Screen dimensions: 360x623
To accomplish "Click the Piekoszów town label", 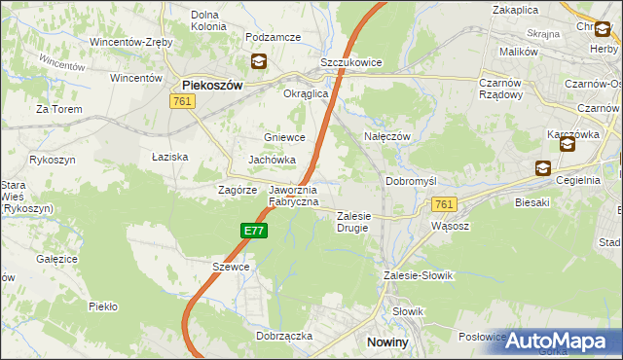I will point(211,85).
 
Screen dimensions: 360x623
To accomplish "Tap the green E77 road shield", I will point(253,231).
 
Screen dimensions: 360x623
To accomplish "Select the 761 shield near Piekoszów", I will point(181,101).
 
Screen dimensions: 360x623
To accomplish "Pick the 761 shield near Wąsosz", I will point(444,203).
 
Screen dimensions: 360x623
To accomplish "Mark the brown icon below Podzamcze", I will point(258,61).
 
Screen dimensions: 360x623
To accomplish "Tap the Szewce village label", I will point(232,267).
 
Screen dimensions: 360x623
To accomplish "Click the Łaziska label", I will point(169,156).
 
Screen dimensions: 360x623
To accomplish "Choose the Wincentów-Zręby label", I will point(131,43).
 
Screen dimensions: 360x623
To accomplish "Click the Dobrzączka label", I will point(284,335).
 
